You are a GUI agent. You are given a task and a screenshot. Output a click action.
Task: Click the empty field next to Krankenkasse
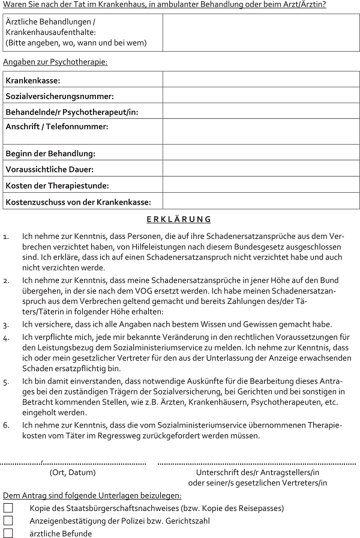[261, 80]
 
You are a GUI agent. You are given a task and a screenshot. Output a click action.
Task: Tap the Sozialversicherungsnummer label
[59, 96]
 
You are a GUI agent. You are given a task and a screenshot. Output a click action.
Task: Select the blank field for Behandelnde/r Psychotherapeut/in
[261, 112]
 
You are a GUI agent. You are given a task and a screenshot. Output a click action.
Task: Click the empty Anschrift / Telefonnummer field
[261, 132]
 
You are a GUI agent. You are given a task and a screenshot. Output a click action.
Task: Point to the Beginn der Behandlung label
[50, 154]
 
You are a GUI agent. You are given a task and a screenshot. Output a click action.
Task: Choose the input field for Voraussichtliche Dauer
[261, 170]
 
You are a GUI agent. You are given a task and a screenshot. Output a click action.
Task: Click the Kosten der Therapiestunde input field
[261, 186]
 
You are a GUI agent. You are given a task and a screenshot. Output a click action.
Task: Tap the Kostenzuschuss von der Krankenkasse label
[78, 202]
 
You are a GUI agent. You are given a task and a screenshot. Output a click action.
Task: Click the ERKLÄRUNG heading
[179, 220]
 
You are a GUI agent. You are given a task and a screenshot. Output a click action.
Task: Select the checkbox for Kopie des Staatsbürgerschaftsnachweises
[8, 508]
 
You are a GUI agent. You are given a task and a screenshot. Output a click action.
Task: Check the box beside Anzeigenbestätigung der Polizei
[8, 521]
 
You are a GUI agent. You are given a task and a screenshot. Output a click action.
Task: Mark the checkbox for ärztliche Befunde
[8, 533]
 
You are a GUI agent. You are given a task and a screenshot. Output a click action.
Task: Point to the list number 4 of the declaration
[6, 337]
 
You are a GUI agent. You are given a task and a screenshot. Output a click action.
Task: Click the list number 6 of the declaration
[6, 425]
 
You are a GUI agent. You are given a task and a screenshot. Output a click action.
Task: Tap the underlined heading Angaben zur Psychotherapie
[55, 62]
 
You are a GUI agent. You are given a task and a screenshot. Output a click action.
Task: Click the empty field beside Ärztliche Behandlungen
[261, 32]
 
